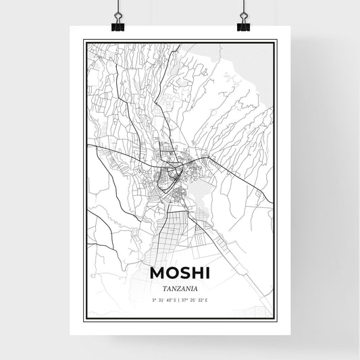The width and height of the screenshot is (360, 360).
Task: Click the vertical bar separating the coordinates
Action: [x=179, y=300]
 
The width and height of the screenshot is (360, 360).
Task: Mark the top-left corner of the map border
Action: [x=84, y=41]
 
